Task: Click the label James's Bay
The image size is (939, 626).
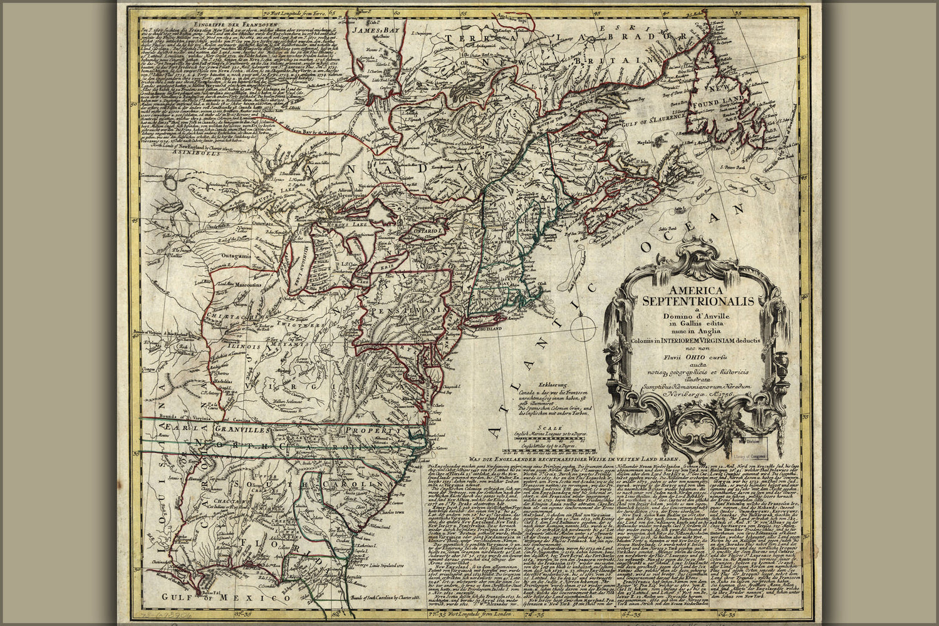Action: [368, 29]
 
